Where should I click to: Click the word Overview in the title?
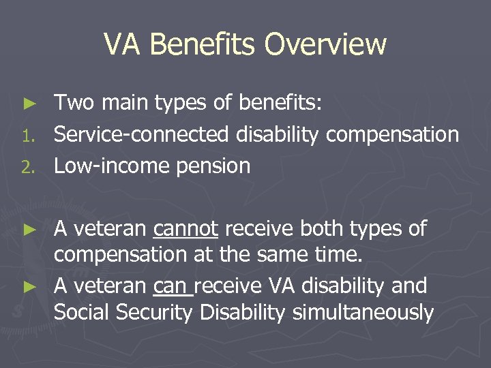[x=326, y=45]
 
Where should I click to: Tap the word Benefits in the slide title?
[x=204, y=45]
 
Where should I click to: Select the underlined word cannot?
[x=185, y=229]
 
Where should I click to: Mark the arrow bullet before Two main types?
[x=28, y=104]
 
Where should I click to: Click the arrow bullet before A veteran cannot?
[x=28, y=230]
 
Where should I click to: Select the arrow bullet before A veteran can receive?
[x=28, y=286]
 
